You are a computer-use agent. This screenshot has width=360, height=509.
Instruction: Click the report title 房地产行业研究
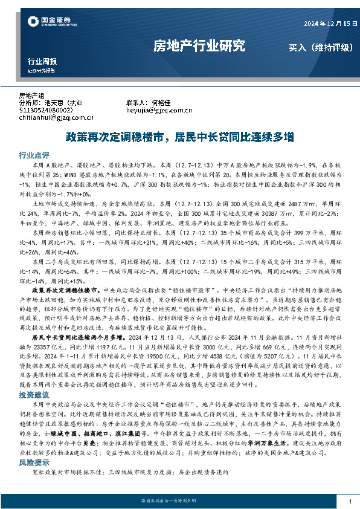[199, 45]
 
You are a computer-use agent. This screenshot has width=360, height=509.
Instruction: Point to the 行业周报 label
[42, 62]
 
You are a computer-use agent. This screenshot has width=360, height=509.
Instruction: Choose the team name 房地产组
[32, 96]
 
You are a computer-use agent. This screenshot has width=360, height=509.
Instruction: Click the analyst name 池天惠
[58, 103]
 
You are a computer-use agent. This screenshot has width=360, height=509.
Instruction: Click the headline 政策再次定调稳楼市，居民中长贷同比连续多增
[179, 137]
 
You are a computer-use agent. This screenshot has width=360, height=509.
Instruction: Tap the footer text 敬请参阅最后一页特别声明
[179, 501]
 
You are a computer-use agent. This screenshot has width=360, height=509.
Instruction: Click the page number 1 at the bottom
[350, 501]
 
